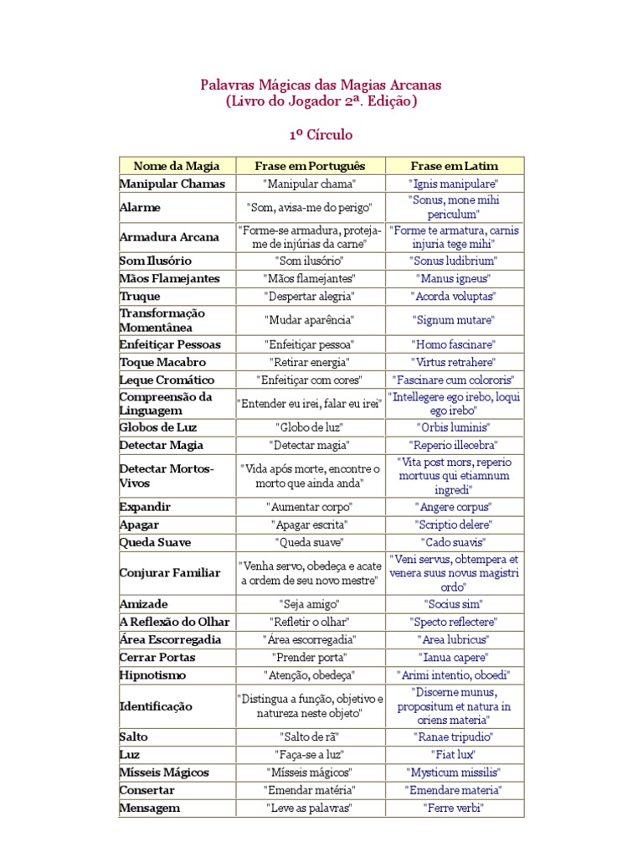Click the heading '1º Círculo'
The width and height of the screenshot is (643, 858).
tap(321, 134)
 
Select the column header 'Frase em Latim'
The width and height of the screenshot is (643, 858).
tap(454, 166)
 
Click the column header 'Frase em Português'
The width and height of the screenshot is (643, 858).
tap(310, 166)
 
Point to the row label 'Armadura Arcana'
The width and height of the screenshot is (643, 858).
tap(169, 236)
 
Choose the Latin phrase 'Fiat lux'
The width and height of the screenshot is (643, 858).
tap(454, 754)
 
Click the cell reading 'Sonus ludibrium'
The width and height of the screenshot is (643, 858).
tap(454, 261)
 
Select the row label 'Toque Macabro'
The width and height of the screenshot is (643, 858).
tap(162, 362)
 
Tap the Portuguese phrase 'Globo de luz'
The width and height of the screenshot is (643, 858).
tap(310, 427)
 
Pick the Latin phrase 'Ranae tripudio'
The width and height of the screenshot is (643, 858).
tap(454, 737)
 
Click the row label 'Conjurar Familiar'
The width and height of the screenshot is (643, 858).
tap(170, 573)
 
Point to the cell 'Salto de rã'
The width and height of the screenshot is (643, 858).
tap(310, 737)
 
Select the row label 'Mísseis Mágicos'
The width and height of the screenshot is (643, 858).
tap(164, 772)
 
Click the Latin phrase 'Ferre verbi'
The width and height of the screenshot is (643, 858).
tap(454, 808)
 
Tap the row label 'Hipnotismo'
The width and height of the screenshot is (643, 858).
tap(153, 675)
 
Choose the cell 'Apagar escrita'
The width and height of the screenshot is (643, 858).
tap(310, 525)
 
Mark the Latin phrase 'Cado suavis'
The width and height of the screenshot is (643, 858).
tap(454, 542)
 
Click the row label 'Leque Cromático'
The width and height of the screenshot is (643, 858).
tap(167, 380)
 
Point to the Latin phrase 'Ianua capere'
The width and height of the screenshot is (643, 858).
tap(454, 657)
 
